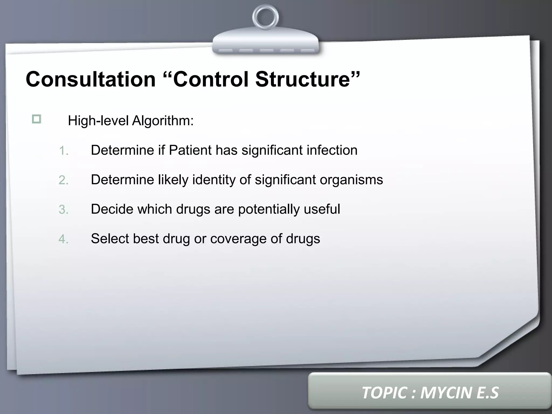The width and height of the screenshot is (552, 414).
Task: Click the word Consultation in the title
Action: coord(91,79)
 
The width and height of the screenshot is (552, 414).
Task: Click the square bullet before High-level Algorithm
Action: coord(36,119)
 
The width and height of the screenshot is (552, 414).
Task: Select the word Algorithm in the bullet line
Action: coord(163,120)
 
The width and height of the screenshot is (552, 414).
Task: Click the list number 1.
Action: coord(63,151)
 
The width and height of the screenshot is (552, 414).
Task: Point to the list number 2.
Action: coord(63,180)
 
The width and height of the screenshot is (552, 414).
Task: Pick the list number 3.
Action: coord(63,210)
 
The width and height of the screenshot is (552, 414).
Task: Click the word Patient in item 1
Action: coord(190,150)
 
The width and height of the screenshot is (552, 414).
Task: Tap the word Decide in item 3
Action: coord(112,209)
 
